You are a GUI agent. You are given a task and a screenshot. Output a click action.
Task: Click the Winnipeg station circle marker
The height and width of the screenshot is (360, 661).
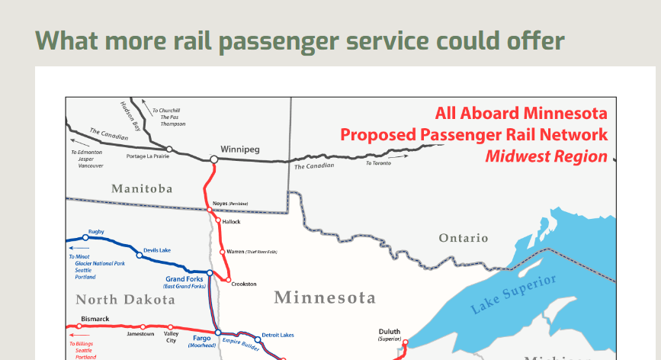[214, 159]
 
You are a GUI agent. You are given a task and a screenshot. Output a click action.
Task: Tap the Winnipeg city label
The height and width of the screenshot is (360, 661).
[240, 149]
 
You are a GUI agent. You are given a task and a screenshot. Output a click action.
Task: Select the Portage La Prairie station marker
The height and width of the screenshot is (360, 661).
[169, 149]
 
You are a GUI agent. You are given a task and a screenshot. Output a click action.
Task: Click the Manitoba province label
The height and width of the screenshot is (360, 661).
[142, 188]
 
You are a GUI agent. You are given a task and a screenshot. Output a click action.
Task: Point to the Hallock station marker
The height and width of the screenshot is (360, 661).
[218, 220]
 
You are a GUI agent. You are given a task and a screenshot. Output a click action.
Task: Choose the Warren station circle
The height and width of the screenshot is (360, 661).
[223, 252]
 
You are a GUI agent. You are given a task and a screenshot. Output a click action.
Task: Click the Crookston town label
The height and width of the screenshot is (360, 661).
[244, 284]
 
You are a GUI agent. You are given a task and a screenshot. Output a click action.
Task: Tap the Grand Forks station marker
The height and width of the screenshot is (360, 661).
[210, 273]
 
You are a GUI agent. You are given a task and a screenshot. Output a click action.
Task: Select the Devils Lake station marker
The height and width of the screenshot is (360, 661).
[139, 255]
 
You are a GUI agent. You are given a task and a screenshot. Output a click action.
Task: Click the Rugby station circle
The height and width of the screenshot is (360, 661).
[85, 237]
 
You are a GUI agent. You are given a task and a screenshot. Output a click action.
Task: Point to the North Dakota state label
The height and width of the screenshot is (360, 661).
[125, 300]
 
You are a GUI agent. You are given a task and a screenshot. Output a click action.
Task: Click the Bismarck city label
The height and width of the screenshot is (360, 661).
[95, 319]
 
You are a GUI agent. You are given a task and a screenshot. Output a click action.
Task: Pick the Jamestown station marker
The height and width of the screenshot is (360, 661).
[143, 326]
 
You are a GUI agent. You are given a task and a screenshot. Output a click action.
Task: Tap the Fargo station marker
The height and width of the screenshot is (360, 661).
[218, 333]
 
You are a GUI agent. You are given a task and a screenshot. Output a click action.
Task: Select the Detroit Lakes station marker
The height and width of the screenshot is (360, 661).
[258, 339]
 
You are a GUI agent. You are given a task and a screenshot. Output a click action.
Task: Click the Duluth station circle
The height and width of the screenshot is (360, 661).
[405, 342]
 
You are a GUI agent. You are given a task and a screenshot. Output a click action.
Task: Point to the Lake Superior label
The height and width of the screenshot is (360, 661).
[513, 294]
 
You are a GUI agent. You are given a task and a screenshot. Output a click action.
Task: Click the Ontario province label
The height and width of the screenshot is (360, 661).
[464, 238]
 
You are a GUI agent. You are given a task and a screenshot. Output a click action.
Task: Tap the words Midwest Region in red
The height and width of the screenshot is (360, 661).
[547, 156]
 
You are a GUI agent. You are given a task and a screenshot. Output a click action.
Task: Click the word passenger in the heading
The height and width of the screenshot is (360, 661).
[278, 41]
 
